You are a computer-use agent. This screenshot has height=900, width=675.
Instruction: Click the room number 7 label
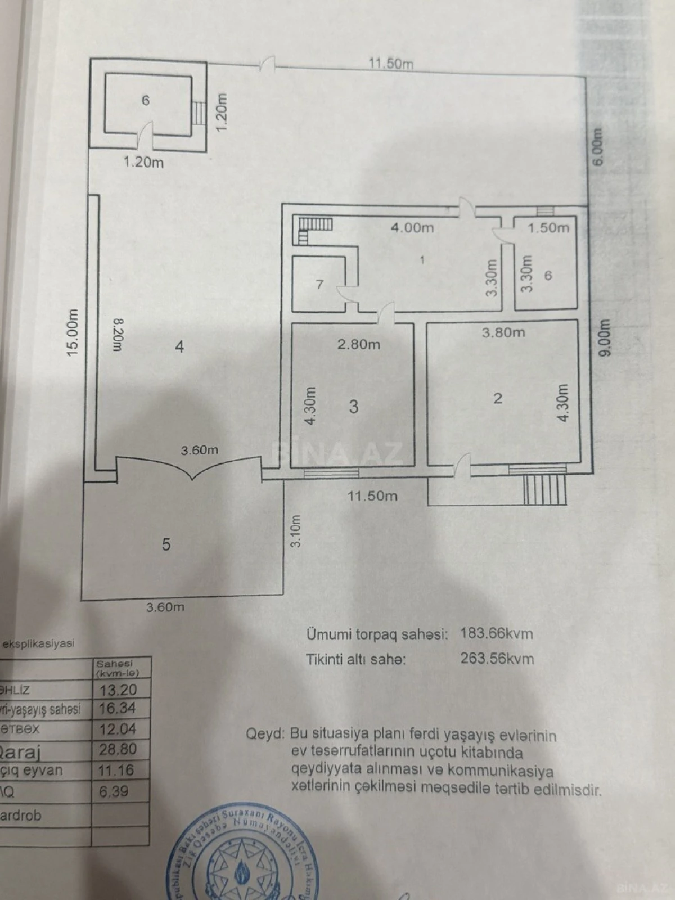pos(319,285)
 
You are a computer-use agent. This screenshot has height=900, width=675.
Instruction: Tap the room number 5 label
pos(166,544)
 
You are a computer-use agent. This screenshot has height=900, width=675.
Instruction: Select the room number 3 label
pos(353,406)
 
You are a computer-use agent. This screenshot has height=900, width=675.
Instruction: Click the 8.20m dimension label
pos(116,335)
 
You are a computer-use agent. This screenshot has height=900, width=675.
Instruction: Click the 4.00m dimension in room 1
pos(412,228)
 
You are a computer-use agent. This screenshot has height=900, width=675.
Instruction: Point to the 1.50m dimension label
pos(548,228)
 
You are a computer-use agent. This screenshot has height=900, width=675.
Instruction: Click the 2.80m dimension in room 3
pos(358,344)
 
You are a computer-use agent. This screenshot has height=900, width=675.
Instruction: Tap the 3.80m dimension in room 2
pos(503,332)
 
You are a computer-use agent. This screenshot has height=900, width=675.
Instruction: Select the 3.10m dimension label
pos(296,531)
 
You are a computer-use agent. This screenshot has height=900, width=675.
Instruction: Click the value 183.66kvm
pos(497,634)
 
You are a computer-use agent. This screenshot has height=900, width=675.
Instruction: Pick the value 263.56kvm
pos(497,659)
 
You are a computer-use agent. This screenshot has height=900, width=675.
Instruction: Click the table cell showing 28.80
pos(118,749)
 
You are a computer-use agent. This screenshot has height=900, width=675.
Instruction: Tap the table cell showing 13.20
pos(118,690)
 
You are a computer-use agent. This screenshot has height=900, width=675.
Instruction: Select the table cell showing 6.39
pos(114,791)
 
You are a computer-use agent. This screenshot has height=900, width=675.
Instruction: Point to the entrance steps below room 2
pos(544,490)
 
